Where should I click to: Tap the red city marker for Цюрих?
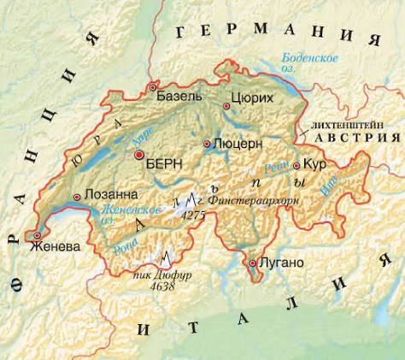(226, 106)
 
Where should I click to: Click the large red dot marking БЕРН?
(139, 155)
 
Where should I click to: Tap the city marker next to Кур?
(296, 166)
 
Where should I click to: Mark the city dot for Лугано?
(252, 263)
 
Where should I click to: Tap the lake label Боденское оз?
(304, 62)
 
